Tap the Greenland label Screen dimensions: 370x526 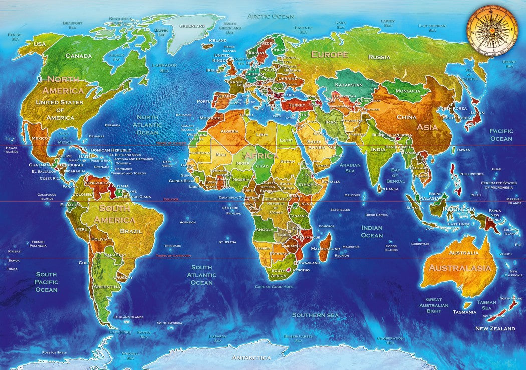pyautogui.click(x=192, y=26)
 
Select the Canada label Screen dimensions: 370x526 pyautogui.click(x=79, y=56)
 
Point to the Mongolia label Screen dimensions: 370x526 pyautogui.click(x=408, y=91)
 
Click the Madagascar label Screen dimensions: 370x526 pyautogui.click(x=326, y=248)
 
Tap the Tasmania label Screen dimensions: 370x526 pyautogui.click(x=464, y=312)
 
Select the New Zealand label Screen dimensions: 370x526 pyautogui.click(x=495, y=328)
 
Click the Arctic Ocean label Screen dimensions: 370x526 pyautogui.click(x=271, y=16)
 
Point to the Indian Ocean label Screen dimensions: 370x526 pyautogui.click(x=372, y=231)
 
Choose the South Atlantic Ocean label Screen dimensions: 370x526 pyautogui.click(x=202, y=275)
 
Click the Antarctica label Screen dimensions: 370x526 pyautogui.click(x=251, y=357)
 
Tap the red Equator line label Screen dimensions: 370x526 pyautogui.click(x=171, y=199)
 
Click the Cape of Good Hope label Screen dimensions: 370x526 pyautogui.click(x=274, y=286)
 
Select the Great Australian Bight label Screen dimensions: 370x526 pyautogui.click(x=434, y=305)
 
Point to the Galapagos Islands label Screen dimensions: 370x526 pyautogui.click(x=46, y=196)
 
